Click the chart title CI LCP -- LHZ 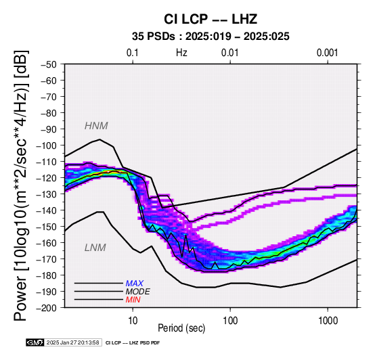pyautogui.click(x=211, y=19)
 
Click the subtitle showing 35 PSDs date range pyautogui.click(x=211, y=37)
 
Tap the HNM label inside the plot pyautogui.click(x=96, y=126)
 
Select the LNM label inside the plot pyautogui.click(x=95, y=248)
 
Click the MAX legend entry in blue pyautogui.click(x=135, y=284)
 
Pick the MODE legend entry pyautogui.click(x=138, y=292)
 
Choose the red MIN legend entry pyautogui.click(x=133, y=300)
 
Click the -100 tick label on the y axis pyautogui.click(x=46, y=145)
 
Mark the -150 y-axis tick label pyautogui.click(x=46, y=227)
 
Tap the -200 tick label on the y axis pyautogui.click(x=46, y=308)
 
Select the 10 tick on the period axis pyautogui.click(x=133, y=321)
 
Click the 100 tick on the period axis pyautogui.click(x=230, y=321)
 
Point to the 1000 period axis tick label pyautogui.click(x=328, y=321)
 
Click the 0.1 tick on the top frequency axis pyautogui.click(x=133, y=53)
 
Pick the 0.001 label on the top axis pyautogui.click(x=328, y=53)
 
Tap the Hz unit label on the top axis pyautogui.click(x=181, y=53)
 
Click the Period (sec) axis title pyautogui.click(x=181, y=328)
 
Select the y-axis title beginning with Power pyautogui.click(x=20, y=185)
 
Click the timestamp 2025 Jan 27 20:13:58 pyautogui.click(x=72, y=342)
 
